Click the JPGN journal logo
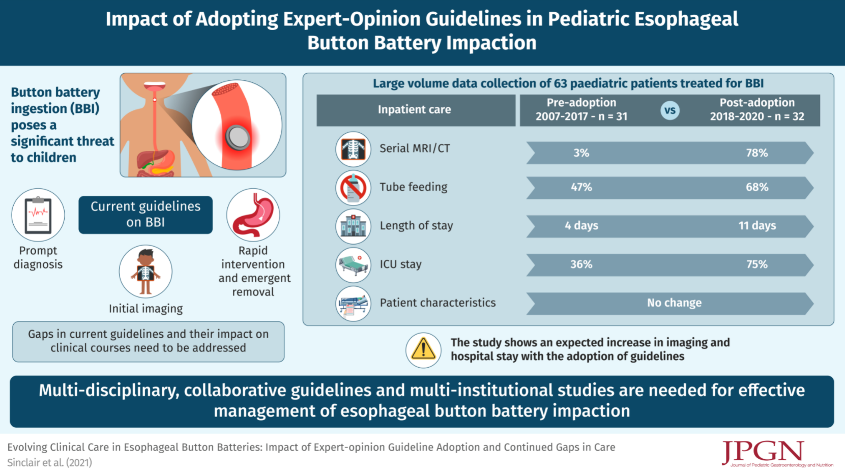point(763,452)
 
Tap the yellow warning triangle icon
point(423,350)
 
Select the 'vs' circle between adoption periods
point(670,110)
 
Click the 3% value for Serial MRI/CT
point(581,153)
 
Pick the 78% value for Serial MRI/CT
point(756,153)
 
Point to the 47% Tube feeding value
point(581,187)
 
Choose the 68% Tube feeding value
point(756,187)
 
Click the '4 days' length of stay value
point(581,226)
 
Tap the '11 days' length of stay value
point(756,226)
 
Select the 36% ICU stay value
point(581,264)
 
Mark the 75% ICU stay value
point(756,264)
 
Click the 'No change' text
point(674,303)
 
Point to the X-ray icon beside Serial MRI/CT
point(353,149)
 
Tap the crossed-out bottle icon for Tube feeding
point(353,188)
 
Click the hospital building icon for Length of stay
point(353,226)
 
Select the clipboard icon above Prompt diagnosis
point(38,215)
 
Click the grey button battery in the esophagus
point(238,136)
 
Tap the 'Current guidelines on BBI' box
point(145,215)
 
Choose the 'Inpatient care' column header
point(415,110)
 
